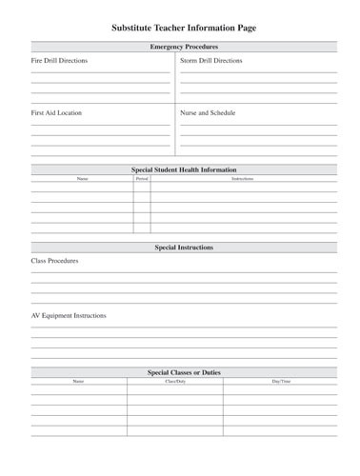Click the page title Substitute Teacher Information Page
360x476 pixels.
pos(184,29)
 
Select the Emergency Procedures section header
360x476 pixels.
pos(184,47)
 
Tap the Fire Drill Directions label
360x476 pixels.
pos(59,61)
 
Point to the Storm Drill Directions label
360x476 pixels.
pos(210,61)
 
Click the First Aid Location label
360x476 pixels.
pos(56,113)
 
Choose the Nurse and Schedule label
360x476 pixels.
pos(208,113)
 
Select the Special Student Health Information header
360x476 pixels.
pos(184,169)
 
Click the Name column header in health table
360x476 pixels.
pos(82,178)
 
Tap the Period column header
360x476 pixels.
pos(142,178)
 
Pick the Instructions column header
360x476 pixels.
pos(243,178)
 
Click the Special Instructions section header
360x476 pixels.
pos(184,248)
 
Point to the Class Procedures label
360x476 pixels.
pos(54,261)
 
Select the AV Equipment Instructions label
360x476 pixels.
pos(69,315)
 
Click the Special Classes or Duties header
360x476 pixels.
pos(184,372)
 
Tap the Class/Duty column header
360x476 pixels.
pos(175,381)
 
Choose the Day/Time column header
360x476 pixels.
pos(281,381)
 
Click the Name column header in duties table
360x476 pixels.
pos(78,381)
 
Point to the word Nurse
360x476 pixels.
pos(190,113)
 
